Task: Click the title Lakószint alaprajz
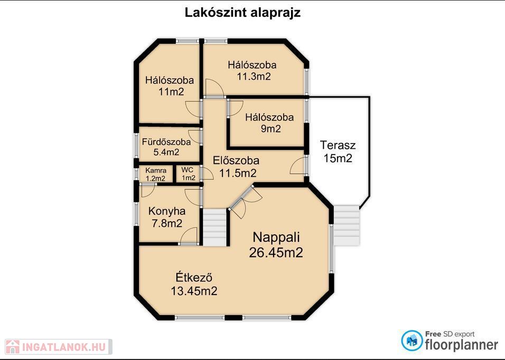point(242,13)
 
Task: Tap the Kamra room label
point(156,170)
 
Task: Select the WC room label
point(187,170)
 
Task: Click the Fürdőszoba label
point(166,141)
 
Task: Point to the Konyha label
point(167,211)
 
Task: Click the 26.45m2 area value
point(276,252)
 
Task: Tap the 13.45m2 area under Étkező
point(194,291)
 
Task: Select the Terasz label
point(338,145)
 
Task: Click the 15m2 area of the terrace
point(338,158)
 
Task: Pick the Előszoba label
point(236,160)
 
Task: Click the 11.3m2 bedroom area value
point(254,77)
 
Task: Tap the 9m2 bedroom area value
point(271,129)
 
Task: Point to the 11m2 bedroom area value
point(171,92)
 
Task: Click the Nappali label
point(276,237)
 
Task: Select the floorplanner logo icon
point(412,340)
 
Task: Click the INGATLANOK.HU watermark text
point(64,347)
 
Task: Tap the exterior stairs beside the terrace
point(346,225)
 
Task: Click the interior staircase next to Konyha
point(214,228)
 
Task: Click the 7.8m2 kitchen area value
point(167,223)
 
